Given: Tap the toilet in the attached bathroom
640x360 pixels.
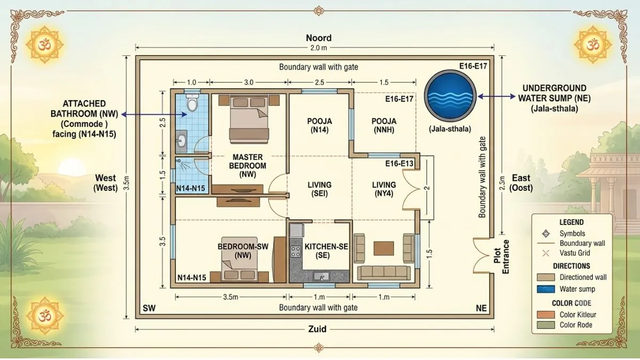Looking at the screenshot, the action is click(x=192, y=103).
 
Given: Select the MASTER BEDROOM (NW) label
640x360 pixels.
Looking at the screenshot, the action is click(x=247, y=166).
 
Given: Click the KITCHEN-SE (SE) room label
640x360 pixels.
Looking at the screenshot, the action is click(x=326, y=251).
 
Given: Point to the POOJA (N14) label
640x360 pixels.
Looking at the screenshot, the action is click(x=319, y=125).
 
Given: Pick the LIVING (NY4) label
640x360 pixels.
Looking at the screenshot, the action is click(x=384, y=189).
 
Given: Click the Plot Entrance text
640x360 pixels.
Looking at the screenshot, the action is click(x=501, y=257).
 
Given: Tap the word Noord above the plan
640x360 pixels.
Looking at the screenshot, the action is click(x=319, y=38).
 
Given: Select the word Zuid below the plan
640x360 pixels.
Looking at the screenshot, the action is click(x=317, y=329).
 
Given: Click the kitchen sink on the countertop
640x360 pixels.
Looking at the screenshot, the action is click(x=322, y=276).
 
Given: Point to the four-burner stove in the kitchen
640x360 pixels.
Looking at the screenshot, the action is click(x=295, y=252).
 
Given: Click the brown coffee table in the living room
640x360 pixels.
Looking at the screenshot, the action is click(x=383, y=249).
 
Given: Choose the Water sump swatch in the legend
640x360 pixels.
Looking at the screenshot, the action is click(x=546, y=289).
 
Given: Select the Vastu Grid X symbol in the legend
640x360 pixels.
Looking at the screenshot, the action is click(x=546, y=253).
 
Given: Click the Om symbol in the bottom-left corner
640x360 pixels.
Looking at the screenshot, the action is click(x=45, y=315).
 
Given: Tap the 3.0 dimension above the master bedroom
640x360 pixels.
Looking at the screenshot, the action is click(x=249, y=83).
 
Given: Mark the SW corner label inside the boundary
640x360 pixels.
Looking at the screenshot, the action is click(x=149, y=308).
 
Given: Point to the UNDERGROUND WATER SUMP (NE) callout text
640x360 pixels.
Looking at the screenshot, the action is click(x=554, y=98).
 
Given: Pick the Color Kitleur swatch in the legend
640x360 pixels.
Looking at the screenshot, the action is click(x=546, y=315).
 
